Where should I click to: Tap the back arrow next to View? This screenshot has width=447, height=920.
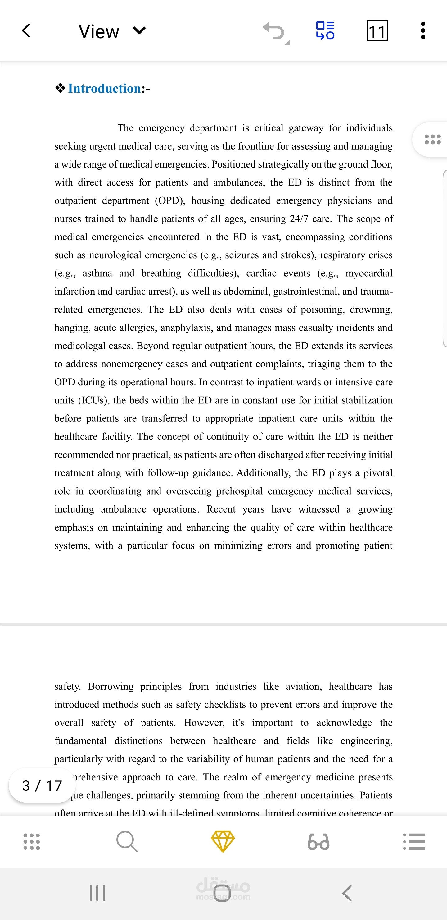tap(26, 31)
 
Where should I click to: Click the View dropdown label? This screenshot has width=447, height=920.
tap(99, 31)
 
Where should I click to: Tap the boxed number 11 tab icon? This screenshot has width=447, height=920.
tap(377, 31)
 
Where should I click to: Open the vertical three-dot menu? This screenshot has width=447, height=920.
tap(423, 31)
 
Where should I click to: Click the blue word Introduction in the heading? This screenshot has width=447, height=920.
tap(104, 89)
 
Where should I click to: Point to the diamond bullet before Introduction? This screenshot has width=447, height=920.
tap(60, 88)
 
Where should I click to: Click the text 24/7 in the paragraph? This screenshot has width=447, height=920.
tap(299, 219)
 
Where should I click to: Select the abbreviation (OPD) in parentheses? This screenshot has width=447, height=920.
tap(170, 201)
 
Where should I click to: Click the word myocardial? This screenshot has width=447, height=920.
tap(369, 274)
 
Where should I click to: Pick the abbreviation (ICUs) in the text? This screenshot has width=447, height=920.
tap(93, 400)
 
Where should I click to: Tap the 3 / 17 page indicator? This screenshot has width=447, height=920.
tap(42, 785)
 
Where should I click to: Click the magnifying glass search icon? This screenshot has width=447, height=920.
tap(127, 841)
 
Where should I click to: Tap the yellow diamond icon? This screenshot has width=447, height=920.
tap(223, 841)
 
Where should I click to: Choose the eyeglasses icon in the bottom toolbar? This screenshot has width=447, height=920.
tap(318, 841)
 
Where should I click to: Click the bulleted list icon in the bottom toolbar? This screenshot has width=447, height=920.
tap(414, 841)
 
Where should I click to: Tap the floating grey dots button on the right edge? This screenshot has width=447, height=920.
tap(432, 139)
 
